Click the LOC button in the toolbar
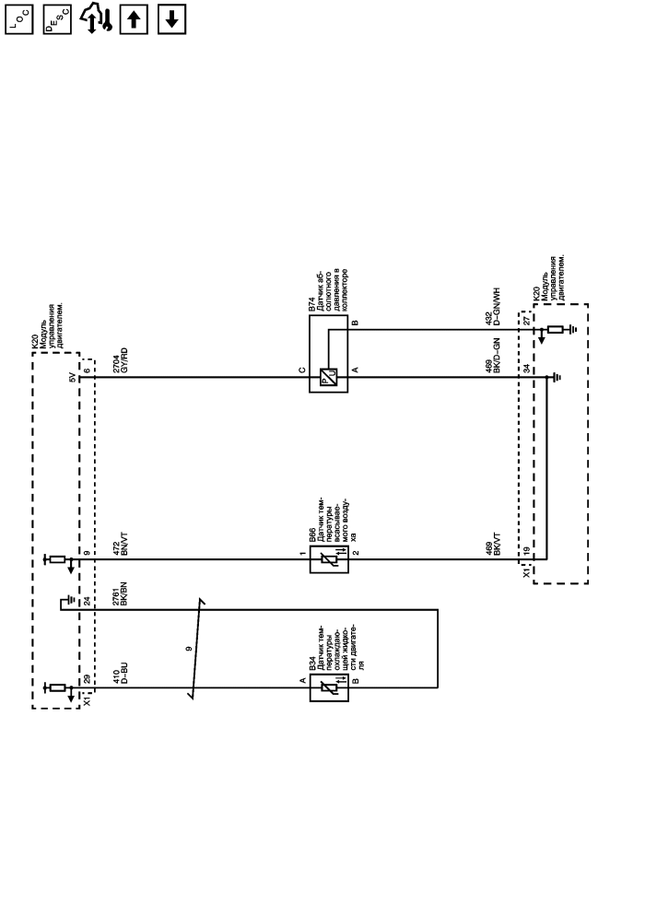tap(18, 19)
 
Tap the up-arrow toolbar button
tap(135, 19)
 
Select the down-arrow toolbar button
tap(171, 19)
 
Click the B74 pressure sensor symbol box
tap(328, 376)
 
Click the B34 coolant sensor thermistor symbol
tap(329, 687)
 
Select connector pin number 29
tap(88, 678)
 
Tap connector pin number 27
tap(525, 321)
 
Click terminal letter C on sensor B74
tap(301, 370)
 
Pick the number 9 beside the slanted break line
tap(188, 649)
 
